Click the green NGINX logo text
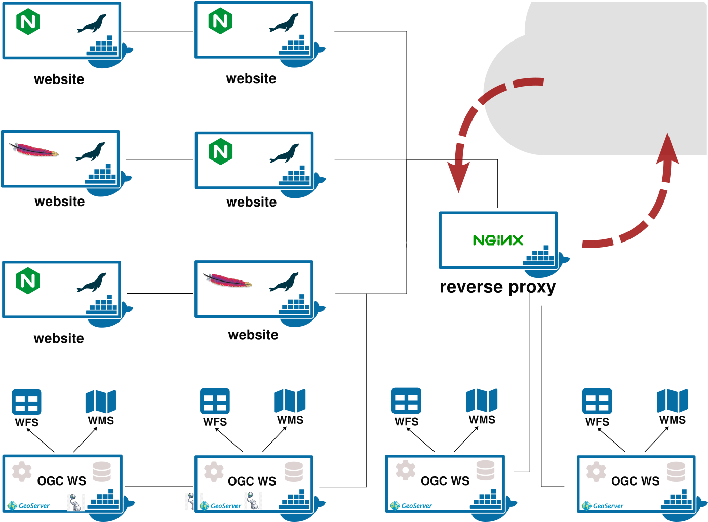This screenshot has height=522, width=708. pos(497,240)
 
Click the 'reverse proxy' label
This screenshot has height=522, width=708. pos(497,287)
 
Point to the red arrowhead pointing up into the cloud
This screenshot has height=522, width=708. pos(667,150)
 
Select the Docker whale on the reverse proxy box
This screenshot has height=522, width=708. pos(544,261)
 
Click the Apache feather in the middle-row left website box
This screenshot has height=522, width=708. pos(33,150)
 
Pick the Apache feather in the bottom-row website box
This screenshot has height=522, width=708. pos(227,280)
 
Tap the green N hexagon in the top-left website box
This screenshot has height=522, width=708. pos(28,22)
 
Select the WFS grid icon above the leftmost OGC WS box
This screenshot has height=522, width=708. pos(26,403)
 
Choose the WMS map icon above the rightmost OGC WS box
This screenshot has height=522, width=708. pos(672,400)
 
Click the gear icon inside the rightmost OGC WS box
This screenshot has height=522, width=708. pos(596,471)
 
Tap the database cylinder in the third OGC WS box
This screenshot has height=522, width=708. pos(485,470)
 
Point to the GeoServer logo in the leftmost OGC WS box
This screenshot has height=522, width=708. pos(29,505)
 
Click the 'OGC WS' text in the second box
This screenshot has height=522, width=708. pos(252,481)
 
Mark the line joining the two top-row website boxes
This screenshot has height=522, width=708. pos(158,31)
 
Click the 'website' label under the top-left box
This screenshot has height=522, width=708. pos(59,79)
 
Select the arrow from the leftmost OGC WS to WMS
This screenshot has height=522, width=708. pos(85,439)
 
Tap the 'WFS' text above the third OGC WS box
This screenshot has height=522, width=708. pos(406,422)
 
